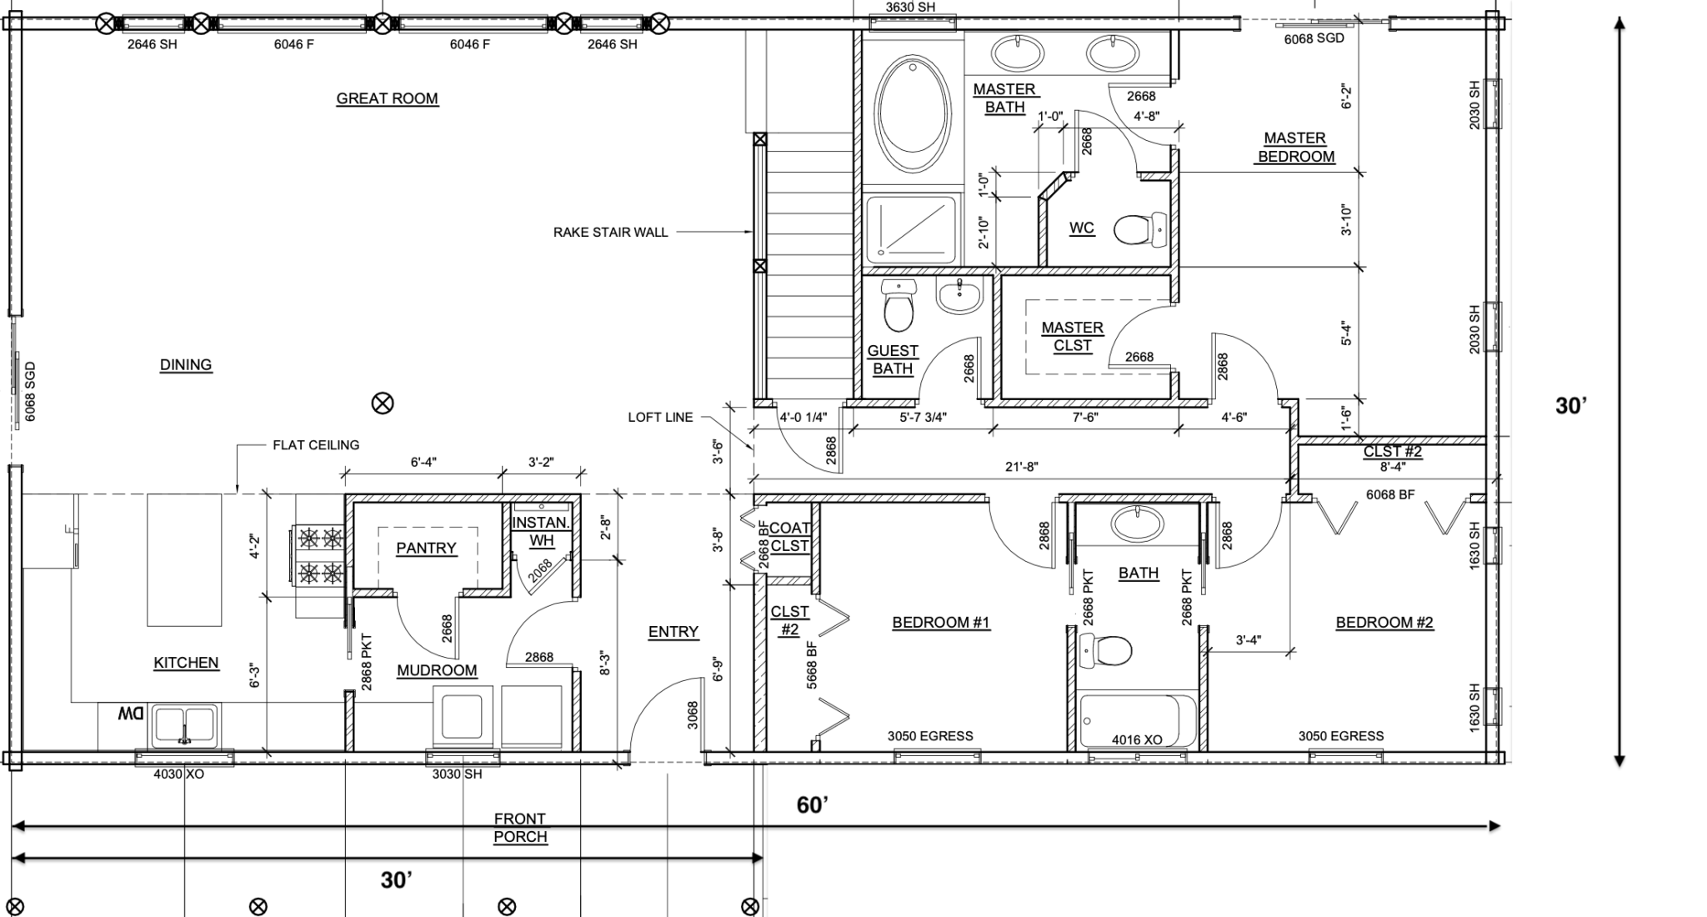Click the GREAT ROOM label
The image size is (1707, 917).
point(387,98)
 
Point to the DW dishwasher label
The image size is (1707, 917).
point(131,714)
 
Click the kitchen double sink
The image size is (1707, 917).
point(184,725)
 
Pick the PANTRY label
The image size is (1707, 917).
point(426,548)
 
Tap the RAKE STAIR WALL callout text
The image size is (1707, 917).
point(611,233)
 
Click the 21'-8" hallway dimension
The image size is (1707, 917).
point(1021,467)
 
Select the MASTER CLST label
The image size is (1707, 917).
point(1073,336)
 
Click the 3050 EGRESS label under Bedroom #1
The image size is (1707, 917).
point(930,736)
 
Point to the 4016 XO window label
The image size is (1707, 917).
point(1137,739)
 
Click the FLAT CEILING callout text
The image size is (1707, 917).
point(316,445)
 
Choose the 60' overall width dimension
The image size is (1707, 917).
point(813,804)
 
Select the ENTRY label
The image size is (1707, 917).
point(673,632)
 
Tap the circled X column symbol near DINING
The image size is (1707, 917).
point(383,403)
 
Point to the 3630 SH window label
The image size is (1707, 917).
point(910,8)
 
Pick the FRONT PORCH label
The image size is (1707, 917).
point(520,828)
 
